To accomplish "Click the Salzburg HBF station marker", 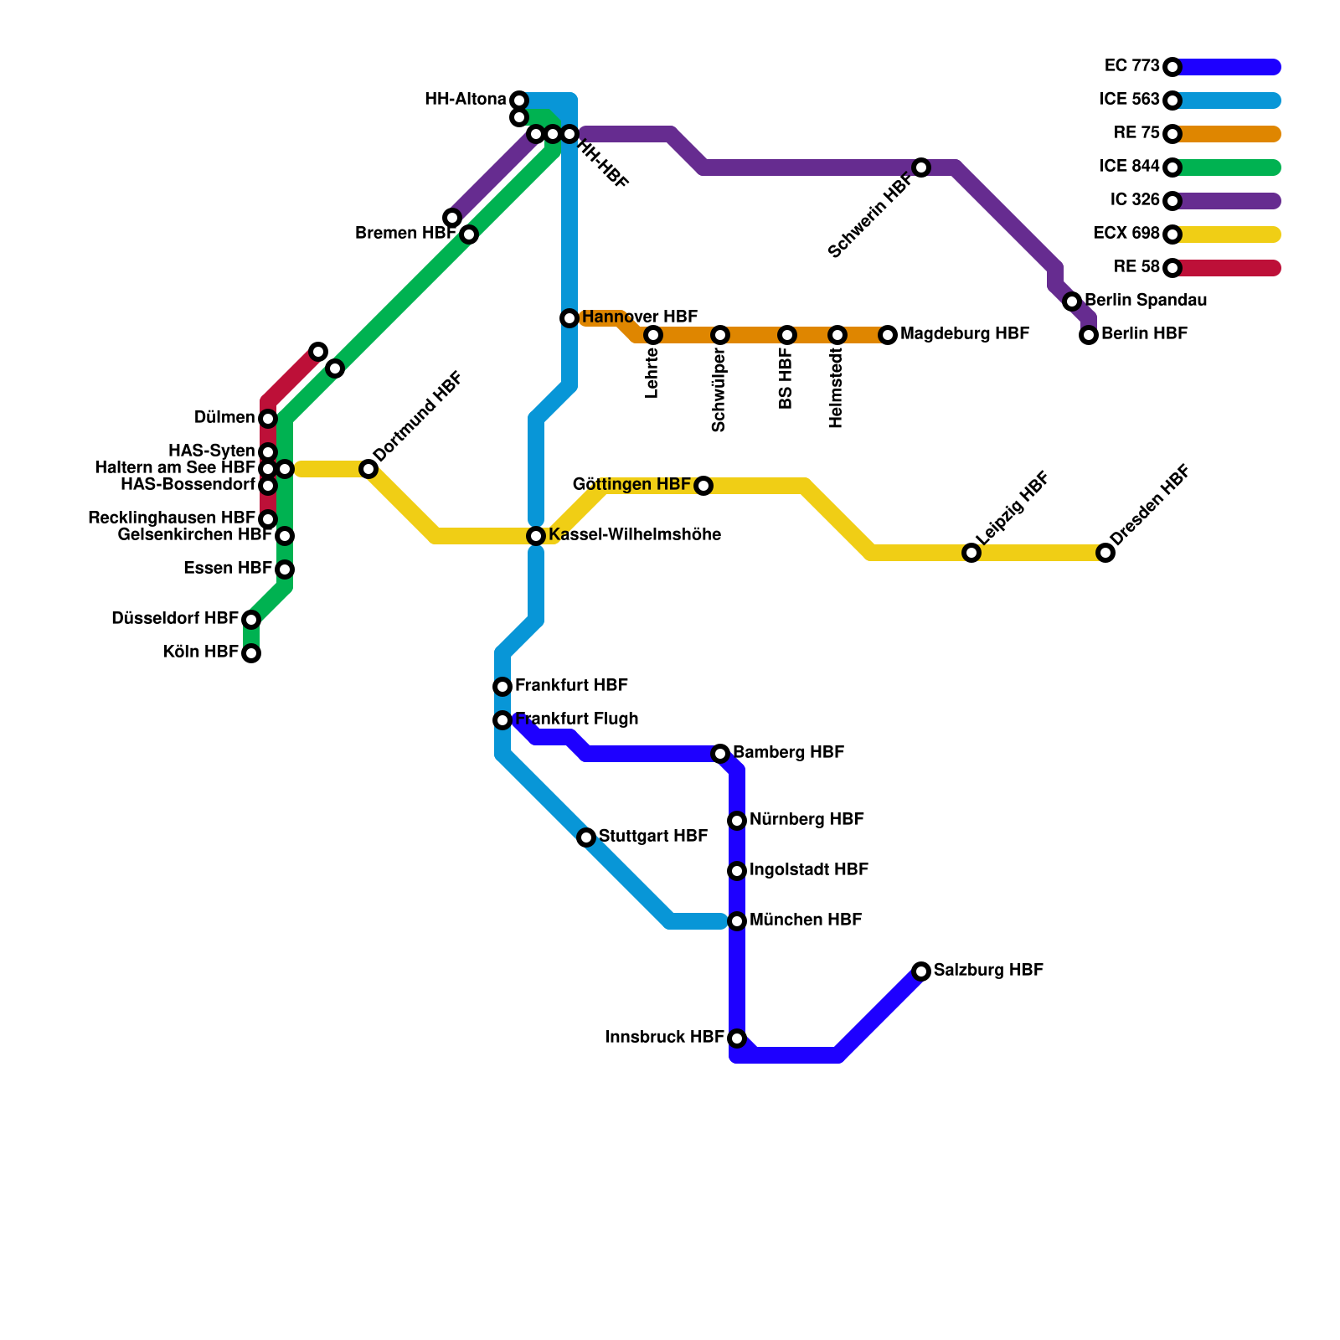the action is click(x=921, y=971).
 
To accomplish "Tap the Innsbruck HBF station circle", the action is click(x=737, y=1038).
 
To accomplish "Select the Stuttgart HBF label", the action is click(x=653, y=836).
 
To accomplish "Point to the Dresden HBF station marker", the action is click(x=1105, y=553).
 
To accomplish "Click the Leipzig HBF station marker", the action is click(x=971, y=553).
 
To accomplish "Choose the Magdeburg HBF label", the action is click(x=965, y=333).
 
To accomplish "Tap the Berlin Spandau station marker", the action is click(x=1072, y=301).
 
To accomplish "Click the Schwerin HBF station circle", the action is click(x=921, y=167).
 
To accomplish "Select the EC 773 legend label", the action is click(x=1131, y=65).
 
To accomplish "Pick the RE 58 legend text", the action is click(x=1136, y=266).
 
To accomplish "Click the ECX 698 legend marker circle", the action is click(x=1172, y=234).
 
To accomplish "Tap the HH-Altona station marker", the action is click(x=519, y=100).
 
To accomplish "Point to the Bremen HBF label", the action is click(x=405, y=233).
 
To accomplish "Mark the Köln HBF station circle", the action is click(x=251, y=653).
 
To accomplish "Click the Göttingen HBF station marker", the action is click(x=703, y=486).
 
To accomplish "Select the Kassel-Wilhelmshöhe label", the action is click(x=635, y=534).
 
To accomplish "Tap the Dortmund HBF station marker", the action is click(x=368, y=469).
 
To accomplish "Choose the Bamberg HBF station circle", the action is click(x=720, y=754).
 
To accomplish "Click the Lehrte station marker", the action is click(x=653, y=335).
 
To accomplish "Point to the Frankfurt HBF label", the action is click(x=571, y=685).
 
